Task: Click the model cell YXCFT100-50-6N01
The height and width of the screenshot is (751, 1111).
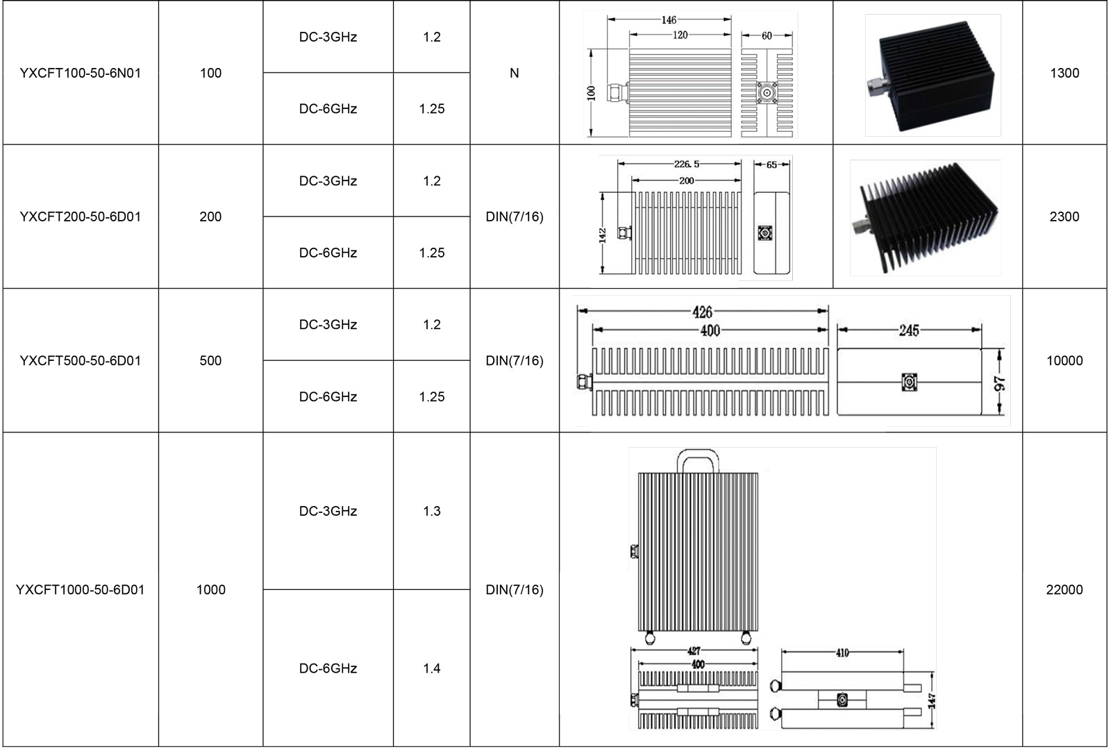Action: [81, 74]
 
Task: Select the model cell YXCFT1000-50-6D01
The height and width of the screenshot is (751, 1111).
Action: [81, 589]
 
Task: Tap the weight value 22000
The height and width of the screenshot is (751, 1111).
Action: [1064, 589]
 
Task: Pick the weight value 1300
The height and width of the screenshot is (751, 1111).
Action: [1064, 74]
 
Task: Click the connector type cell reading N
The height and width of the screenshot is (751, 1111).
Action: [515, 74]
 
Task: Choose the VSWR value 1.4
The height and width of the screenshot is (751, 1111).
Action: [431, 668]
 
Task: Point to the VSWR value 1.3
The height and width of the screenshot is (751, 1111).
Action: [431, 511]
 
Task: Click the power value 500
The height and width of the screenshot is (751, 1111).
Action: [210, 360]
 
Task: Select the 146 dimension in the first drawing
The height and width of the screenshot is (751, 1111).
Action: [669, 20]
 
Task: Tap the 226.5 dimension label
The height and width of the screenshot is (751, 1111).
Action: [687, 164]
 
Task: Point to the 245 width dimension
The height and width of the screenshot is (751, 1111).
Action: [909, 330]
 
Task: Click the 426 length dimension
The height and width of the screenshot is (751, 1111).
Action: [702, 312]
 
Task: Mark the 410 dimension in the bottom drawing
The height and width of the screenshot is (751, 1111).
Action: [842, 652]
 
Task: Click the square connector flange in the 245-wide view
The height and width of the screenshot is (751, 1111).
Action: [909, 382]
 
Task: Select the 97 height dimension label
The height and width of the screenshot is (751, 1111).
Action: [1000, 384]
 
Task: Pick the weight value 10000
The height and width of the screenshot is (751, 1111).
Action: [1064, 360]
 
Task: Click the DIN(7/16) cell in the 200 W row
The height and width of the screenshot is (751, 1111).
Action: [515, 217]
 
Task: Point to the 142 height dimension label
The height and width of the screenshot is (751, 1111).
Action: [602, 235]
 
